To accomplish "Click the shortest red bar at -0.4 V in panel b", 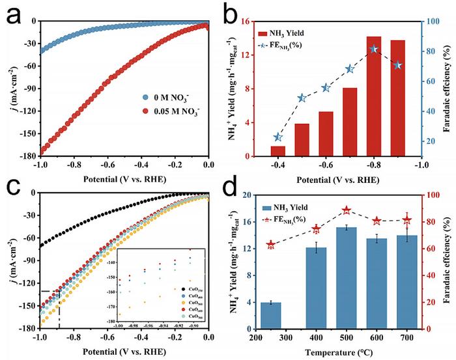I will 278,151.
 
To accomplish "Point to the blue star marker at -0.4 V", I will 278,137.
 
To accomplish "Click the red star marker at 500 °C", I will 347,210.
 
